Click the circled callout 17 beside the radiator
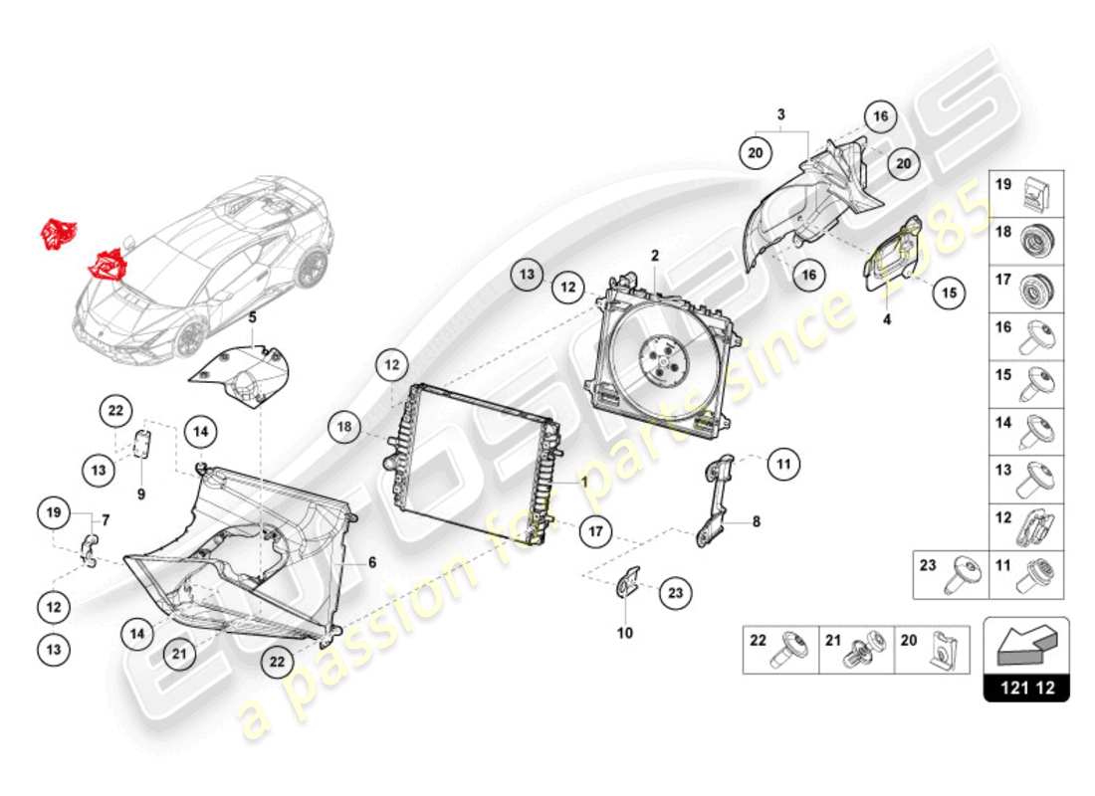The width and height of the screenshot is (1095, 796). pos(594,531)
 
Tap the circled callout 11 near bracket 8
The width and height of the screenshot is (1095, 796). pos(783,463)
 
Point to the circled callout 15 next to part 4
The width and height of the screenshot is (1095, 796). pos(949,293)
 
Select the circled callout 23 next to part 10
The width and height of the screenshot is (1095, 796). pos(677,593)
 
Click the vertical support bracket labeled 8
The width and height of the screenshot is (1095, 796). pos(717,502)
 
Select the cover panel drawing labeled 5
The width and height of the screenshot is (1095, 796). pos(239,374)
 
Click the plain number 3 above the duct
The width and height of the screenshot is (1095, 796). pos(781,114)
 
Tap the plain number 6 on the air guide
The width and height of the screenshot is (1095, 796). pos(372,562)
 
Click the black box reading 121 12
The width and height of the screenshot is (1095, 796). pos(1026,688)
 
